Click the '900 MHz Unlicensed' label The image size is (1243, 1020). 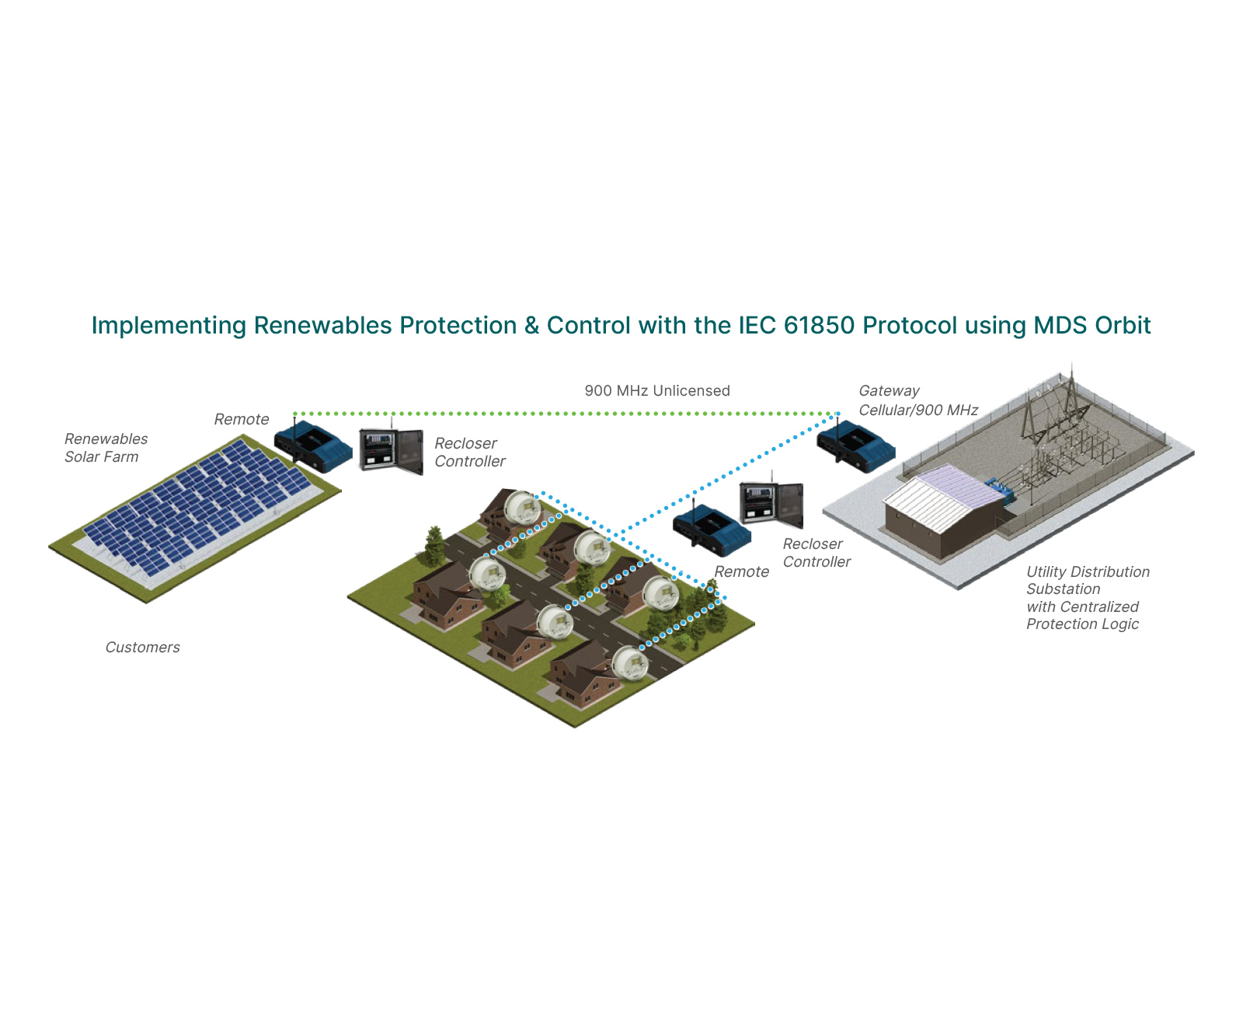[656, 390]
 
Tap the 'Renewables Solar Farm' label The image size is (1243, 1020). [106, 447]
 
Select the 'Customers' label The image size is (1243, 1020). [142, 647]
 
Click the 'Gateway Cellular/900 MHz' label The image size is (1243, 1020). [917, 400]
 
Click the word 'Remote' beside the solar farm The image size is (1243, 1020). [241, 419]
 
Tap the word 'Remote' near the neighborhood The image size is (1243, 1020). [741, 571]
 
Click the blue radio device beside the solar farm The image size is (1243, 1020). [313, 446]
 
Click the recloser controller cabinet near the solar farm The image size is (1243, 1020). [391, 450]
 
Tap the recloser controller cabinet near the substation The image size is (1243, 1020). [771, 503]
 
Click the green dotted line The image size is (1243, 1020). [566, 414]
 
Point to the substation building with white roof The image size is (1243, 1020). [944, 511]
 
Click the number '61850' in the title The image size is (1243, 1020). [820, 325]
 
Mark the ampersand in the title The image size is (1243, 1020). [531, 326]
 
